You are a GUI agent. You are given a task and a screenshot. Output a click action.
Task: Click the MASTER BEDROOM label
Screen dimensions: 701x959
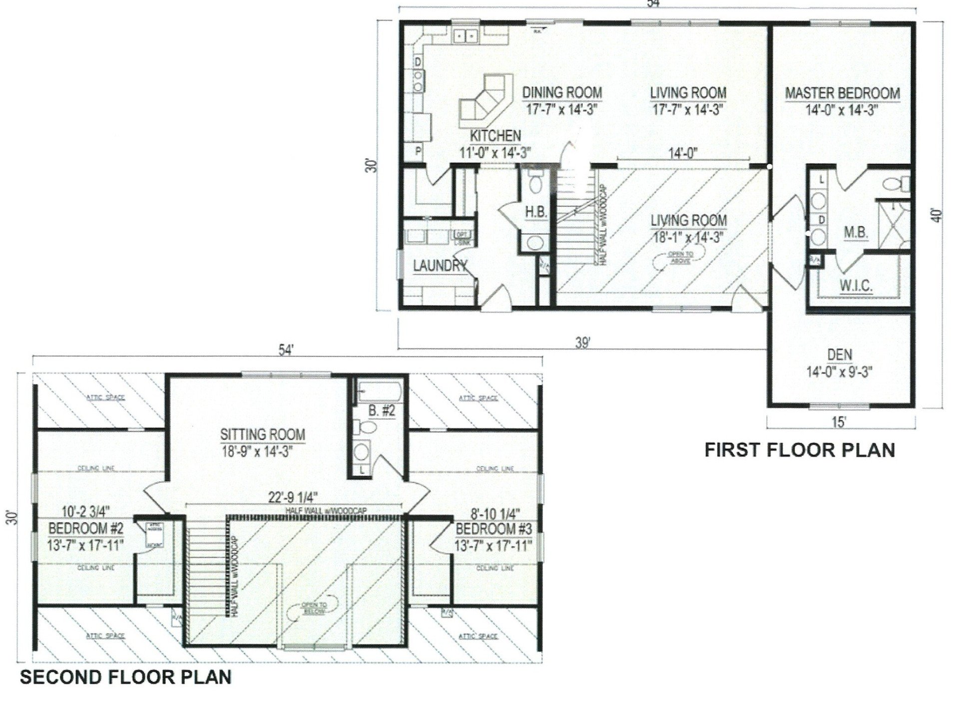[x=842, y=93]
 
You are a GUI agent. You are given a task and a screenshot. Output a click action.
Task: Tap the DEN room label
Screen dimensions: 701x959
[x=840, y=355]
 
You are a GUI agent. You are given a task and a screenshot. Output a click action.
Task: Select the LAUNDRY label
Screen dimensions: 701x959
[x=440, y=266]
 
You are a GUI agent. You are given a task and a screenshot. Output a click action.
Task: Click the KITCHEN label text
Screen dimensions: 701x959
[x=495, y=136]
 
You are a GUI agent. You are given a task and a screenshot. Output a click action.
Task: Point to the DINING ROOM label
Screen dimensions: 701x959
[x=562, y=93]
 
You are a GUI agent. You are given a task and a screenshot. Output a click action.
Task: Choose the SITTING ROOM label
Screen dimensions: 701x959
[x=263, y=434]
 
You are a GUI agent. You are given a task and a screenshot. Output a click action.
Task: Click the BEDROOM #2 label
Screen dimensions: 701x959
[x=86, y=528]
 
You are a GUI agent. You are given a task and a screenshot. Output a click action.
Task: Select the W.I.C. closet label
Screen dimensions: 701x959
[x=855, y=286]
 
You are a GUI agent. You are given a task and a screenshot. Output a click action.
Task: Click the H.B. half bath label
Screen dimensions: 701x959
[x=536, y=212]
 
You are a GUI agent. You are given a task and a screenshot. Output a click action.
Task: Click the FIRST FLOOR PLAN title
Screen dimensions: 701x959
[x=799, y=450]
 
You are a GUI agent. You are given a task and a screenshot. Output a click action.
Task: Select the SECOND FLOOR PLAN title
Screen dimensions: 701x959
[x=125, y=677]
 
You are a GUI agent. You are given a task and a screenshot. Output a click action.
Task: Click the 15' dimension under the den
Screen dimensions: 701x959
[x=839, y=422]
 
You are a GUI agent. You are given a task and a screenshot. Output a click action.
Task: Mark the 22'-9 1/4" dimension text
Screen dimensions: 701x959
[x=294, y=497]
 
